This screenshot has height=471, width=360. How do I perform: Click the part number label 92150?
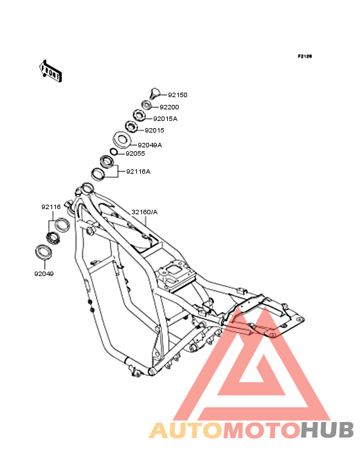click(177, 95)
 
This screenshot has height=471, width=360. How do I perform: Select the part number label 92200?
click(169, 107)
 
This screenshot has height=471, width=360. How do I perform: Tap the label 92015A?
click(165, 118)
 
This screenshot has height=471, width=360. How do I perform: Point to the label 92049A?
click(150, 145)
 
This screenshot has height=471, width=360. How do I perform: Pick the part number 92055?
click(135, 154)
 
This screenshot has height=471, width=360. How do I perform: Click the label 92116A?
click(138, 172)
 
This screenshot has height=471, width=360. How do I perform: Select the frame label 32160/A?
click(145, 212)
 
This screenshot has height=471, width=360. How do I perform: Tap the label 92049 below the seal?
click(44, 274)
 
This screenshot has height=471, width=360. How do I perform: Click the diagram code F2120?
click(305, 56)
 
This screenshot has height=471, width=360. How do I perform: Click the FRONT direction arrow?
click(51, 71)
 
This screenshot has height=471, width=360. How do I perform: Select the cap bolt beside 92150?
click(154, 93)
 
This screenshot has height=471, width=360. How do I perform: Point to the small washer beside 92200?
click(147, 105)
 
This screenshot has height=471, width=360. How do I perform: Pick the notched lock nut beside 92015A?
click(139, 115)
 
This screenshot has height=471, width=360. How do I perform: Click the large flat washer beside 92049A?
click(122, 140)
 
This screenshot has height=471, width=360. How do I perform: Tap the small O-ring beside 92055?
click(113, 152)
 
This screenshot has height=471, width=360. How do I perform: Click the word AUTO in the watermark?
click(186, 430)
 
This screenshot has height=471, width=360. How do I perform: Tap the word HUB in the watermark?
click(327, 430)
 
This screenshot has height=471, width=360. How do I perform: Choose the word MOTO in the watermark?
click(262, 430)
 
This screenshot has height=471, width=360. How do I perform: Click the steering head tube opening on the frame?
click(87, 189)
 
